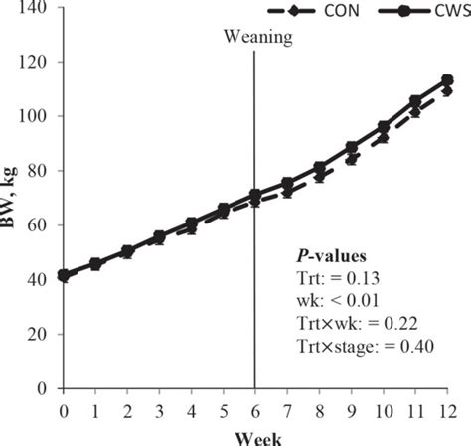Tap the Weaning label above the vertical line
[256, 39]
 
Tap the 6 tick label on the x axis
[256, 409]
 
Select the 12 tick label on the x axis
[447, 409]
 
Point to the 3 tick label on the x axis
[160, 409]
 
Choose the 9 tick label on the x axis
[352, 409]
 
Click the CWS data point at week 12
[447, 80]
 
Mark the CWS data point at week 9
[352, 147]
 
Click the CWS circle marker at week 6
[256, 195]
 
